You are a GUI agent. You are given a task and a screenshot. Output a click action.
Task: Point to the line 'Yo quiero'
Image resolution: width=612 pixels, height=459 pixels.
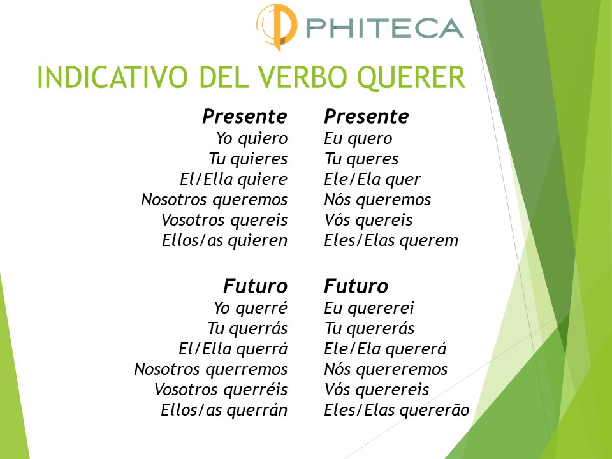coord(252,138)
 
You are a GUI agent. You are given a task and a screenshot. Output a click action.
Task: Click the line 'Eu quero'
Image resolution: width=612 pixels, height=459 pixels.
coord(358,138)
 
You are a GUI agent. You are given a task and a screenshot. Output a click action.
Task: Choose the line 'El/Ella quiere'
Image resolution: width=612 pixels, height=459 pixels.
coord(233,179)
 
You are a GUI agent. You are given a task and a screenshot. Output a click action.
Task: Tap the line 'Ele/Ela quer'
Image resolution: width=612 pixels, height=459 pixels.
coord(372,179)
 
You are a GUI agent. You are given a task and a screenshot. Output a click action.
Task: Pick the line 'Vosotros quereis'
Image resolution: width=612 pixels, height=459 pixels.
coord(224,220)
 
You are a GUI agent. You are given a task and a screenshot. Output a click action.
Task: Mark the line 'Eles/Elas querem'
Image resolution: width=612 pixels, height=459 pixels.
coord(391,240)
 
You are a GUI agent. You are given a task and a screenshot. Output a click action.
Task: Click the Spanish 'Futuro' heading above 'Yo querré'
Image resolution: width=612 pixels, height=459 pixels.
coord(255,286)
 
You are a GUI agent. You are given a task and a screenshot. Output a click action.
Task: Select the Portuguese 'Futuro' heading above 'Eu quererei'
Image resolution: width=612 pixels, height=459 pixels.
coord(356,286)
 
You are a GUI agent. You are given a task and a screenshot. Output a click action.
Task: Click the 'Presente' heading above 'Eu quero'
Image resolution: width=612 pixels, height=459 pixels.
coord(367,117)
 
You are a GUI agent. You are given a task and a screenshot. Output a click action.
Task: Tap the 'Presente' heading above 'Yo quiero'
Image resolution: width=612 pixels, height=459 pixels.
coord(245,117)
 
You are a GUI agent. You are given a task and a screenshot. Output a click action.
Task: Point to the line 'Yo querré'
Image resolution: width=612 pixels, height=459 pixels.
coord(251,308)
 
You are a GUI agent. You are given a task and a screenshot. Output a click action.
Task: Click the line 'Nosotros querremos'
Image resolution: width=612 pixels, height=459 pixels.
coord(210,369)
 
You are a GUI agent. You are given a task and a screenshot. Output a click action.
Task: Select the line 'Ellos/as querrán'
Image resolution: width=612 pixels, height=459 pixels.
coord(224,410)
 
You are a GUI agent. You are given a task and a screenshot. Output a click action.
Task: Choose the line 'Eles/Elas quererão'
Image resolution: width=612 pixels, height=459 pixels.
coord(397,410)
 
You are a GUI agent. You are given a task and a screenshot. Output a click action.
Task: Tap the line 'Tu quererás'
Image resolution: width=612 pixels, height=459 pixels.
coord(369,328)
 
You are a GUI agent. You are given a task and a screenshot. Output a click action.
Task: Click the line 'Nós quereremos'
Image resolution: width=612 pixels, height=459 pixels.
coord(386,369)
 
